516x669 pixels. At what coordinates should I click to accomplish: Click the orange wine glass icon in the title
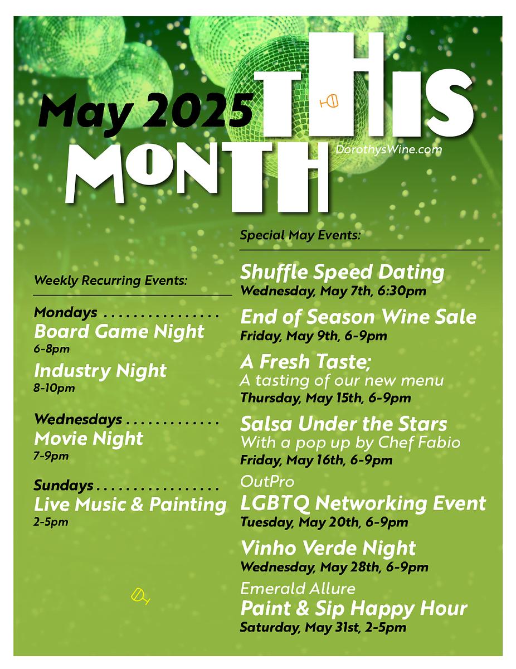point(329,101)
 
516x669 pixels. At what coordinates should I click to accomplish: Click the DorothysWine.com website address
point(388,149)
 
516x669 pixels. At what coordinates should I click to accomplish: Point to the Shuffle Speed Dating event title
point(342,273)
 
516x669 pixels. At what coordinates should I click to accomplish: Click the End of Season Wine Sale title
point(358,317)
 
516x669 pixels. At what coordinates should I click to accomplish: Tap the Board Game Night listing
point(119,332)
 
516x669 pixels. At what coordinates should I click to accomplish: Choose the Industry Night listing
point(100,371)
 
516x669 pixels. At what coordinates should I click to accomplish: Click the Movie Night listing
point(89,438)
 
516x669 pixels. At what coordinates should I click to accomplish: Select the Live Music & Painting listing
point(130,505)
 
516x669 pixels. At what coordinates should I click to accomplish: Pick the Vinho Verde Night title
point(328,549)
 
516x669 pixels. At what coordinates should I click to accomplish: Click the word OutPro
point(267,482)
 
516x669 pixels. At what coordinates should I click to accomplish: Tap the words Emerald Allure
point(298,588)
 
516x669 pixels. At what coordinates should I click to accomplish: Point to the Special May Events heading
point(300,235)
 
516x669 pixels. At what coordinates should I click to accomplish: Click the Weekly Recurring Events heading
point(111,280)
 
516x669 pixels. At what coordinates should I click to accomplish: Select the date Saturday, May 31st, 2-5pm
point(323,627)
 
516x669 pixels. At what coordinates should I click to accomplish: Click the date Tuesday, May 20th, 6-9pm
point(324,522)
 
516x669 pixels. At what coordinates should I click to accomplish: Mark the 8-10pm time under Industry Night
point(54,388)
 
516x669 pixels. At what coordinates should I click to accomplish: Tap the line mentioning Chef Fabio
point(351,443)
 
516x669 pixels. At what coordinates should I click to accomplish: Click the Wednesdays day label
point(78,419)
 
